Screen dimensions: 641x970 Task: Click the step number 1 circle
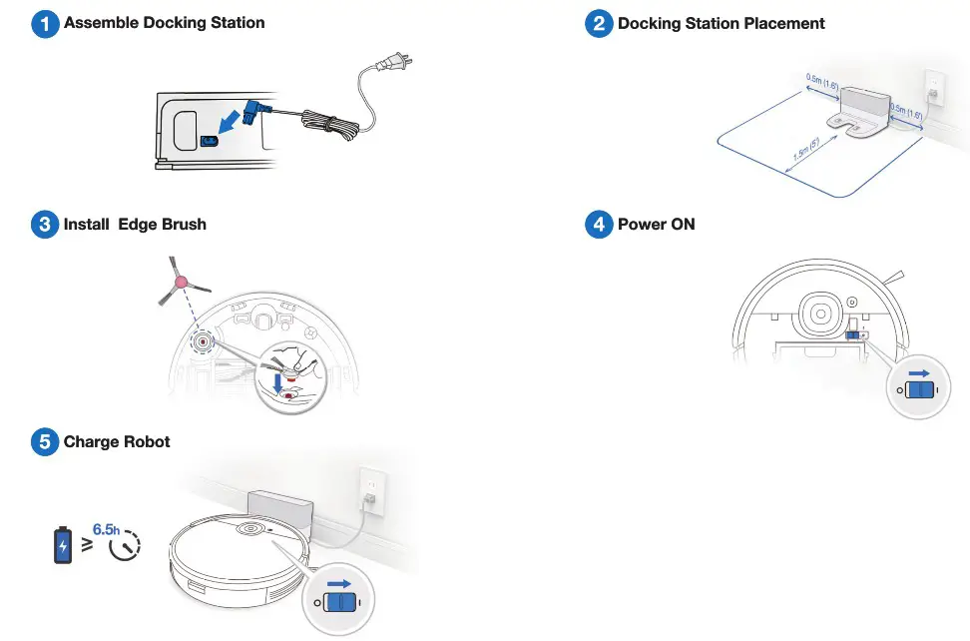[45, 24]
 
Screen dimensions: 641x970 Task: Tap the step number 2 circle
[599, 24]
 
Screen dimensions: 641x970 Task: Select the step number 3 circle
[45, 225]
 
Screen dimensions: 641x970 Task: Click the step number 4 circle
[599, 225]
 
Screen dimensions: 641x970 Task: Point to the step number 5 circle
[45, 442]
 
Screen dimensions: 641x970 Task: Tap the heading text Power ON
[656, 225]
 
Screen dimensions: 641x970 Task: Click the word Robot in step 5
[147, 442]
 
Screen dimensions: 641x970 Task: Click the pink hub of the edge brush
[181, 284]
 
